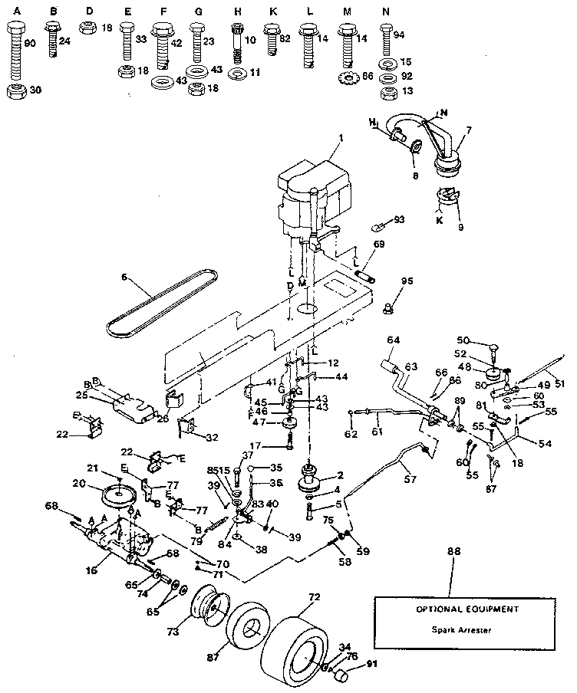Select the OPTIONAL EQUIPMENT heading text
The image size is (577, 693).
tap(457, 609)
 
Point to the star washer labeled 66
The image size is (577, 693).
tap(348, 77)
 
